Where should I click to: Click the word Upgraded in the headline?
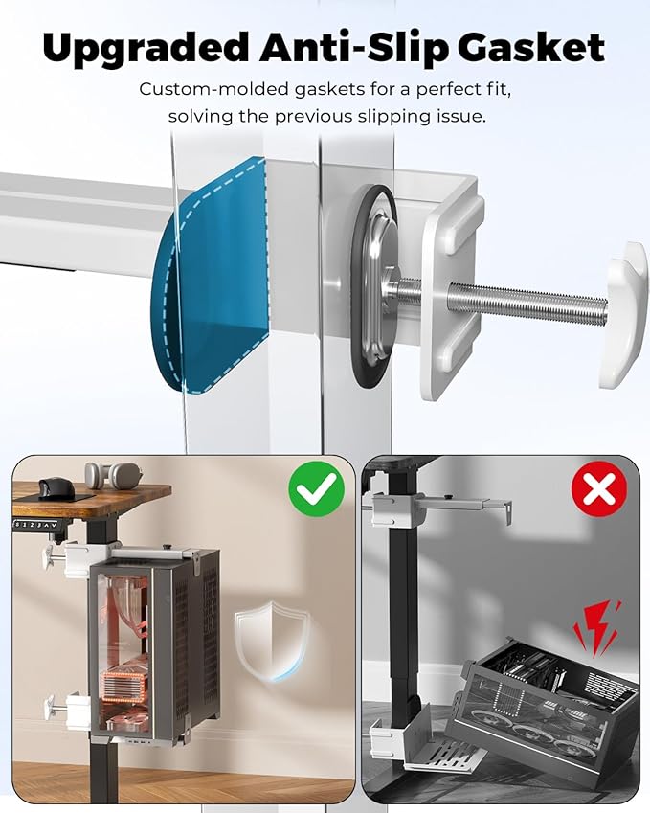(146, 49)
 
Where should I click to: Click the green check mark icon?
(316, 489)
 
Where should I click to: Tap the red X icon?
(598, 489)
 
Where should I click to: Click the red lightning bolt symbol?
(597, 627)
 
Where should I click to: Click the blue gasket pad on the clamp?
(213, 275)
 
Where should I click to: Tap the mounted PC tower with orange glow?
(153, 645)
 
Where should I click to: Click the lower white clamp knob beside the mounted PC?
(55, 706)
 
